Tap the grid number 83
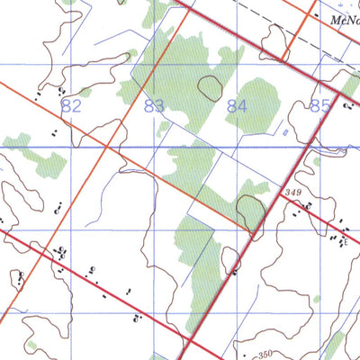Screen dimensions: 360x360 154,106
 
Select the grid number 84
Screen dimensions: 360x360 237,106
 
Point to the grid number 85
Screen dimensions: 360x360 319,106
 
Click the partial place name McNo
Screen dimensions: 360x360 343,19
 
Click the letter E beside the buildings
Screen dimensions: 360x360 346,241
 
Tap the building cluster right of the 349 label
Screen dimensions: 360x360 307,207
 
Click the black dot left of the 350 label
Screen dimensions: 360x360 241,354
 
